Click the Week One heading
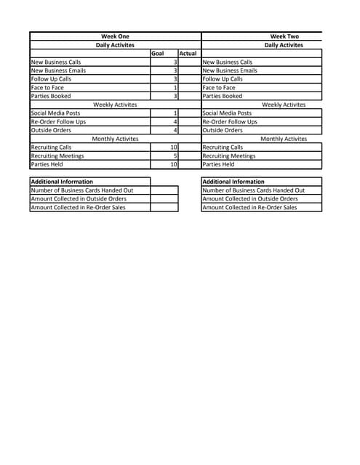click(x=115, y=36)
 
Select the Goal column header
click(x=157, y=54)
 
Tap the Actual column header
click(x=188, y=54)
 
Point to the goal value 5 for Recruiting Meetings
click(x=175, y=156)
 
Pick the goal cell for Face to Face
click(x=175, y=88)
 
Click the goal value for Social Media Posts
click(x=175, y=113)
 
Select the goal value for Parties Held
click(x=173, y=165)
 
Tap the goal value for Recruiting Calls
click(x=173, y=147)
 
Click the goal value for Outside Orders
click(x=175, y=131)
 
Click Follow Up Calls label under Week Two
click(x=223, y=79)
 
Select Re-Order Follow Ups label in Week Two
click(x=229, y=122)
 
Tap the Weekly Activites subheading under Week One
click(x=115, y=105)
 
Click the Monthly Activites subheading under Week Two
click(x=284, y=139)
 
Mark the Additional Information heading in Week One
click(x=62, y=182)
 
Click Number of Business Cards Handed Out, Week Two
click(x=253, y=190)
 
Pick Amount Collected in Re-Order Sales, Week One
click(x=78, y=207)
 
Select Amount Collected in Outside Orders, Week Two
click(x=249, y=199)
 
